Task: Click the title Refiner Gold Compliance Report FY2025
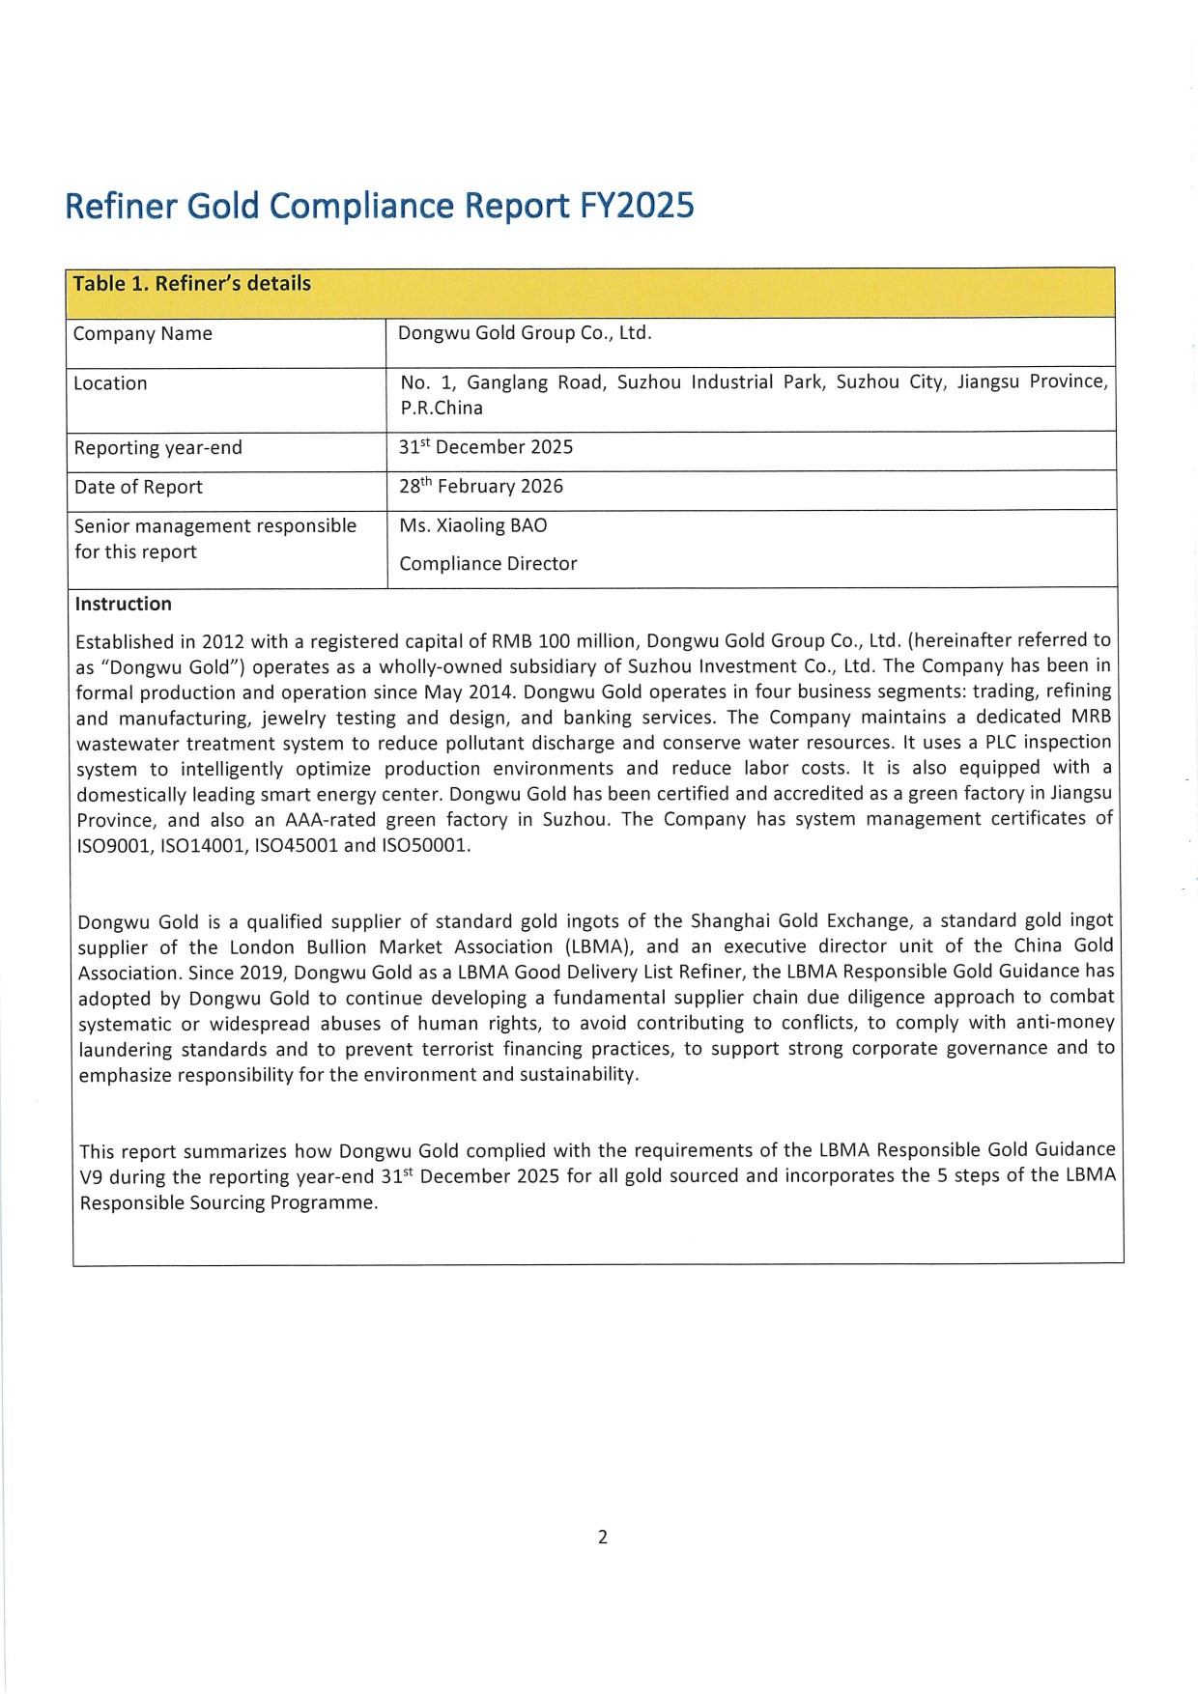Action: (x=379, y=206)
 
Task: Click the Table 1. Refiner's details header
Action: (x=192, y=283)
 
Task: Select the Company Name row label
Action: (x=143, y=334)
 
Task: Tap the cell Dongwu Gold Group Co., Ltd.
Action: (x=525, y=333)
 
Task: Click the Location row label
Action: (x=111, y=383)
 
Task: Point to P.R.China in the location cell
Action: (x=442, y=409)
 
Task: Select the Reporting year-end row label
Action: (x=158, y=448)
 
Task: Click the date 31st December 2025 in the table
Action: (x=486, y=447)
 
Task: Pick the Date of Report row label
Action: (x=138, y=488)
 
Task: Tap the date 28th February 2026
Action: (x=481, y=487)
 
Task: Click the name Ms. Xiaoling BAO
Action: (x=473, y=526)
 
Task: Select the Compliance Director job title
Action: (x=488, y=564)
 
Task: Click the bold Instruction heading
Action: (x=124, y=605)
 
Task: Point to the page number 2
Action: (x=603, y=1537)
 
